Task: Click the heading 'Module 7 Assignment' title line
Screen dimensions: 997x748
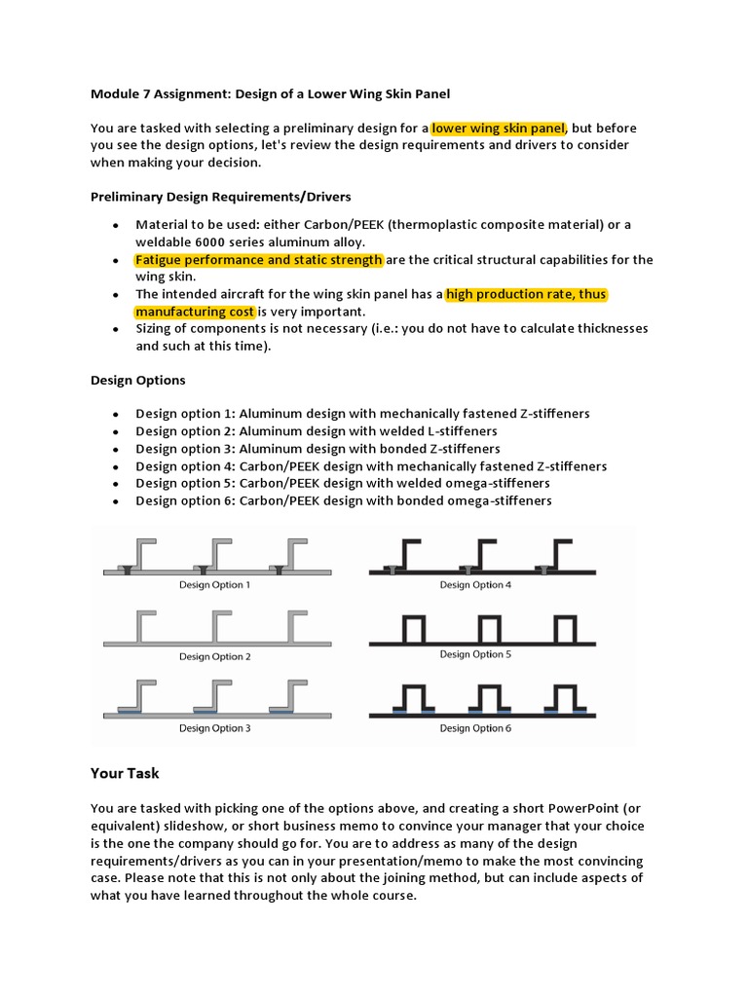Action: click(x=272, y=93)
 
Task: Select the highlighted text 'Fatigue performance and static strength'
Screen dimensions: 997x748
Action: click(x=259, y=260)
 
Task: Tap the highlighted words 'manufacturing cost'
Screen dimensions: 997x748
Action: click(x=196, y=312)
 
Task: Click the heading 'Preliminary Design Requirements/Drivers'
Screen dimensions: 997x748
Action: click(x=221, y=197)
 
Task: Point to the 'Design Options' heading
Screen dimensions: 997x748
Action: click(x=137, y=380)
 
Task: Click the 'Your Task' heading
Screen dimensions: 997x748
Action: click(x=125, y=773)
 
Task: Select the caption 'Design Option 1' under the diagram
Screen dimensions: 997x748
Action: click(x=214, y=585)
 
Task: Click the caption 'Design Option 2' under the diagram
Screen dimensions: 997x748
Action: click(x=214, y=656)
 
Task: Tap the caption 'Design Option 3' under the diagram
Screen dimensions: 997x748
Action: click(x=214, y=728)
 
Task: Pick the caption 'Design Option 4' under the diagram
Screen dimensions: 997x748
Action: click(x=475, y=585)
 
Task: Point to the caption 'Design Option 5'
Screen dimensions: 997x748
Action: click(x=475, y=655)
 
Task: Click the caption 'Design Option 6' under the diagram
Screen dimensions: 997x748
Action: click(x=475, y=728)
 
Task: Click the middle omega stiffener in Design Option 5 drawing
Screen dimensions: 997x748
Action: click(x=489, y=628)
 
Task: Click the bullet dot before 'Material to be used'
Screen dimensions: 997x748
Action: click(x=116, y=225)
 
